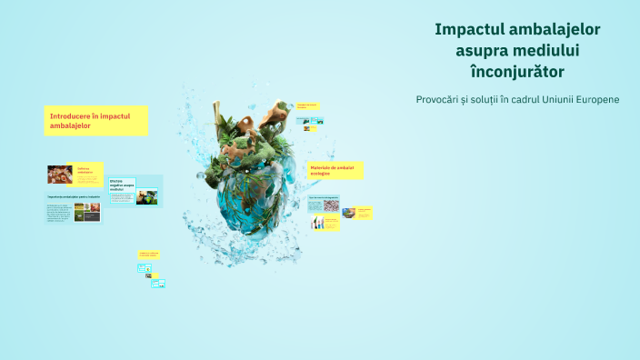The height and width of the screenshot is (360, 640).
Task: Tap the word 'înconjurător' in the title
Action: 517,70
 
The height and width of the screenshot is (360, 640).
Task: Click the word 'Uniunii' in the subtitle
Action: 545,98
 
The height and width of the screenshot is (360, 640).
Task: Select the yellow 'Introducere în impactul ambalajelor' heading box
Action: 96,120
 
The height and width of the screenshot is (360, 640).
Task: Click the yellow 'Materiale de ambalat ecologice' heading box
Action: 335,170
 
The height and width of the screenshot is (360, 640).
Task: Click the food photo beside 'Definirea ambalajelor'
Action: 60,174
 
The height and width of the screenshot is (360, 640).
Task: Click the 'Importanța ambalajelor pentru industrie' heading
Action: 73,196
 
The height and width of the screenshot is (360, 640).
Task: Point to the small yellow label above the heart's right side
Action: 308,107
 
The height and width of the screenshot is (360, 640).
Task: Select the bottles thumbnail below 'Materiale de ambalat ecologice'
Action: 319,223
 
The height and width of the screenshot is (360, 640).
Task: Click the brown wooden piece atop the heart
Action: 272,115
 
